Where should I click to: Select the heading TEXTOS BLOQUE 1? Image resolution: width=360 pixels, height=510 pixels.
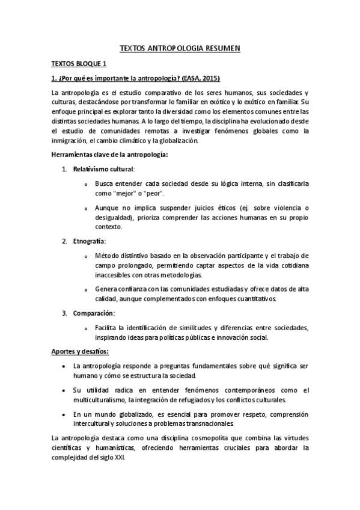tap(79, 63)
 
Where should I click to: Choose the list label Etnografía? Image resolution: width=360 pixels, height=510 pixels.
tap(89, 241)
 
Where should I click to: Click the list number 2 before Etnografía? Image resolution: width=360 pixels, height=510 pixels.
tap(64, 241)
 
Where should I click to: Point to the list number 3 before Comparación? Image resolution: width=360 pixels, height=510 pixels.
tap(64, 313)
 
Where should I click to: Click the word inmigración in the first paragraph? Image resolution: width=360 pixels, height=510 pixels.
tap(72, 141)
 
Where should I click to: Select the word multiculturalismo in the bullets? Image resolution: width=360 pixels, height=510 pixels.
tap(99, 400)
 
